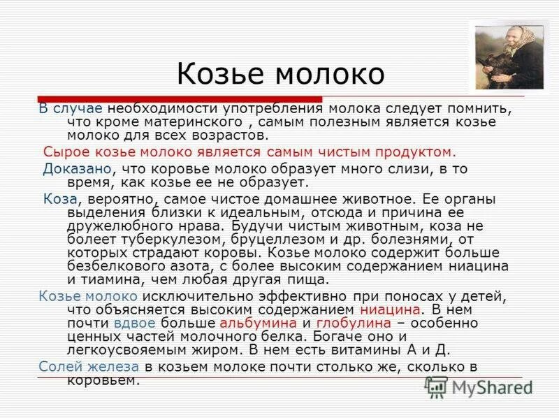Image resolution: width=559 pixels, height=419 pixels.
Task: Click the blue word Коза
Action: click(x=59, y=198)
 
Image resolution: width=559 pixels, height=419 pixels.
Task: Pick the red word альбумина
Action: click(x=258, y=323)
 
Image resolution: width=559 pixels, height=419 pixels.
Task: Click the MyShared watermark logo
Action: click(x=479, y=386)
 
